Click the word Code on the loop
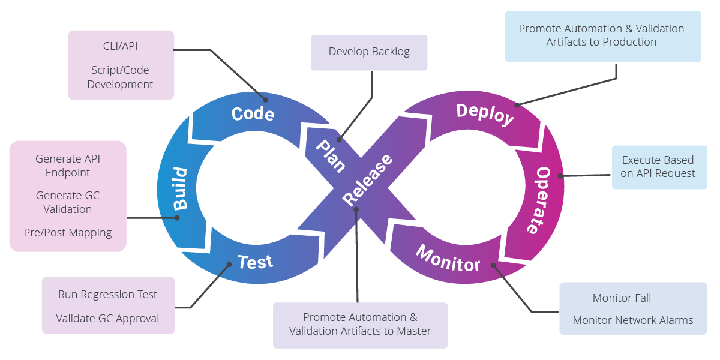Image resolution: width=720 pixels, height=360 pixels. coord(253,113)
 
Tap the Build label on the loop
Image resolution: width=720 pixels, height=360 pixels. coord(180,188)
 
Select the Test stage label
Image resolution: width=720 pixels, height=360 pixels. coord(255,262)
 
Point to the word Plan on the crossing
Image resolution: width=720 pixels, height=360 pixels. coord(331,155)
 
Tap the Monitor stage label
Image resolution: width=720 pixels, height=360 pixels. coord(448,258)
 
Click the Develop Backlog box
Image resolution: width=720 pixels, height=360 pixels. coord(369,52)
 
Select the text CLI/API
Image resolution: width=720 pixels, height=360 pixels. coord(120,46)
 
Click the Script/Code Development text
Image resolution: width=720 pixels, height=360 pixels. coord(120,77)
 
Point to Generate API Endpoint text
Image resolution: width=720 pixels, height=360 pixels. coord(68,166)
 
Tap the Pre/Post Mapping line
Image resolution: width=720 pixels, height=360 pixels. coord(68,232)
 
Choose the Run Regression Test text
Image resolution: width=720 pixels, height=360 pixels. coord(107,295)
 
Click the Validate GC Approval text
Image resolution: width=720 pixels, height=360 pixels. coord(107,318)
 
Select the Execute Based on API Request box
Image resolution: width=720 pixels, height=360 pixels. coord(658,167)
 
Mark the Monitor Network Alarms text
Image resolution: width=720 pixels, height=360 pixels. coord(632,320)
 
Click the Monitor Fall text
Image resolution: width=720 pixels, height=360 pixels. coord(622,298)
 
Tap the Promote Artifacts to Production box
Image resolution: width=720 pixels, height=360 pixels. coord(602,35)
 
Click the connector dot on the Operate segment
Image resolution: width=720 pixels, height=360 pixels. coord(561,176)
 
